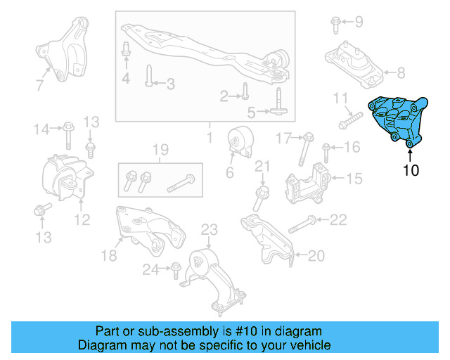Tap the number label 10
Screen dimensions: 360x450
[x=410, y=169]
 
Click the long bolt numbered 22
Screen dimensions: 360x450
[x=300, y=224]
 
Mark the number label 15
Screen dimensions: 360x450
[x=354, y=180]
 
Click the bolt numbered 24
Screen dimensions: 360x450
[x=174, y=269]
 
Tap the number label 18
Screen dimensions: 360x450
[x=108, y=256]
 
